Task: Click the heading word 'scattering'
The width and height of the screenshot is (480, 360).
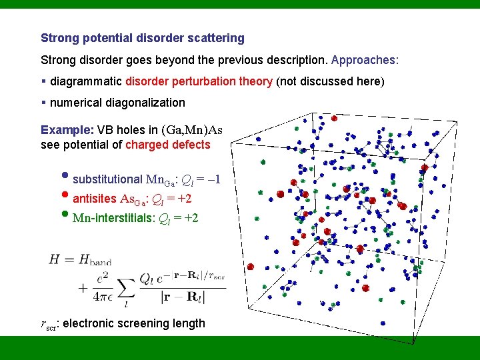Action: click(213, 39)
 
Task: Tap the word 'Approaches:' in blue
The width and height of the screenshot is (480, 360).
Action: click(365, 60)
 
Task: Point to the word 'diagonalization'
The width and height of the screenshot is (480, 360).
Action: click(146, 103)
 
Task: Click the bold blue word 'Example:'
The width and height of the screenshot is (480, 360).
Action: click(67, 130)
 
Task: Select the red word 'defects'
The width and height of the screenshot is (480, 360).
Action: click(191, 145)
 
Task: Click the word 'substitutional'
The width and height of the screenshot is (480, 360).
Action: click(107, 179)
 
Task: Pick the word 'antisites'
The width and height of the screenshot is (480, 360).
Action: click(94, 199)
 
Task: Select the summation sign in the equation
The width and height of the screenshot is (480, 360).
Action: click(128, 287)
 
